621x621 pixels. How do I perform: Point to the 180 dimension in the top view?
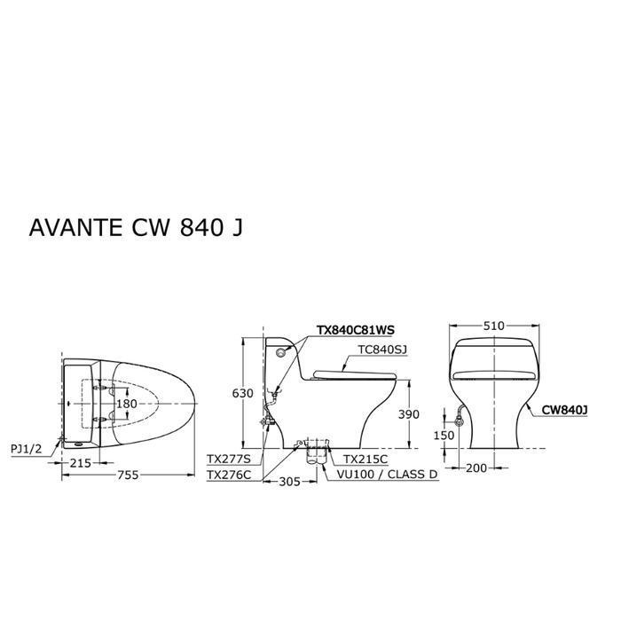130,404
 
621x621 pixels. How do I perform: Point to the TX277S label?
228,459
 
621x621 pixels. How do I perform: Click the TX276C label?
228,476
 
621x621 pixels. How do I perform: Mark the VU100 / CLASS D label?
387,476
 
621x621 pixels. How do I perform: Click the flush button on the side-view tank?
282,352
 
